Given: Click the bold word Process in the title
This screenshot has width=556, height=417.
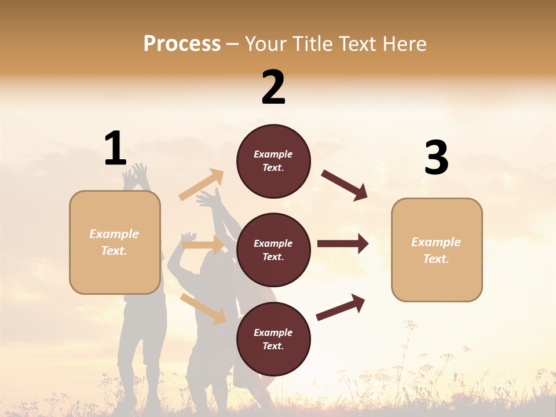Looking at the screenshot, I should pyautogui.click(x=182, y=44).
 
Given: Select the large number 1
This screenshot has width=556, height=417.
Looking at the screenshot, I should pyautogui.click(x=115, y=148).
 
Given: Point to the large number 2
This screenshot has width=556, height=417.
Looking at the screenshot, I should pyautogui.click(x=273, y=87).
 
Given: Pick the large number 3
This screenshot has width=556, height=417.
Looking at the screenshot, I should pyautogui.click(x=436, y=158).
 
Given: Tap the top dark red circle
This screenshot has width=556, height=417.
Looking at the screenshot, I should pyautogui.click(x=273, y=161).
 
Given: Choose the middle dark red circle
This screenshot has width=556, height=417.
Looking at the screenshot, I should pyautogui.click(x=273, y=250).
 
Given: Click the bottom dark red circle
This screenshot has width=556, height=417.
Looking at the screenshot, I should pyautogui.click(x=273, y=339).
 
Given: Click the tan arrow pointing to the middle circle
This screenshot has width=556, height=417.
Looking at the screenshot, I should pyautogui.click(x=203, y=245).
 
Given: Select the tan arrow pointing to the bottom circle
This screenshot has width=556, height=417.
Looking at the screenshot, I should pyautogui.click(x=203, y=308).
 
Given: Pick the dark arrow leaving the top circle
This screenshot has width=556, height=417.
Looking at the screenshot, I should pyautogui.click(x=345, y=185).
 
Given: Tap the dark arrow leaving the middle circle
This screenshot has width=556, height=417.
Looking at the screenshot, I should pyautogui.click(x=343, y=244).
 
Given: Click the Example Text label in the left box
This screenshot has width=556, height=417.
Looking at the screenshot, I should pyautogui.click(x=114, y=242).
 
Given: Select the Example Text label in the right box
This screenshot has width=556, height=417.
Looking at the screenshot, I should pyautogui.click(x=436, y=250).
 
